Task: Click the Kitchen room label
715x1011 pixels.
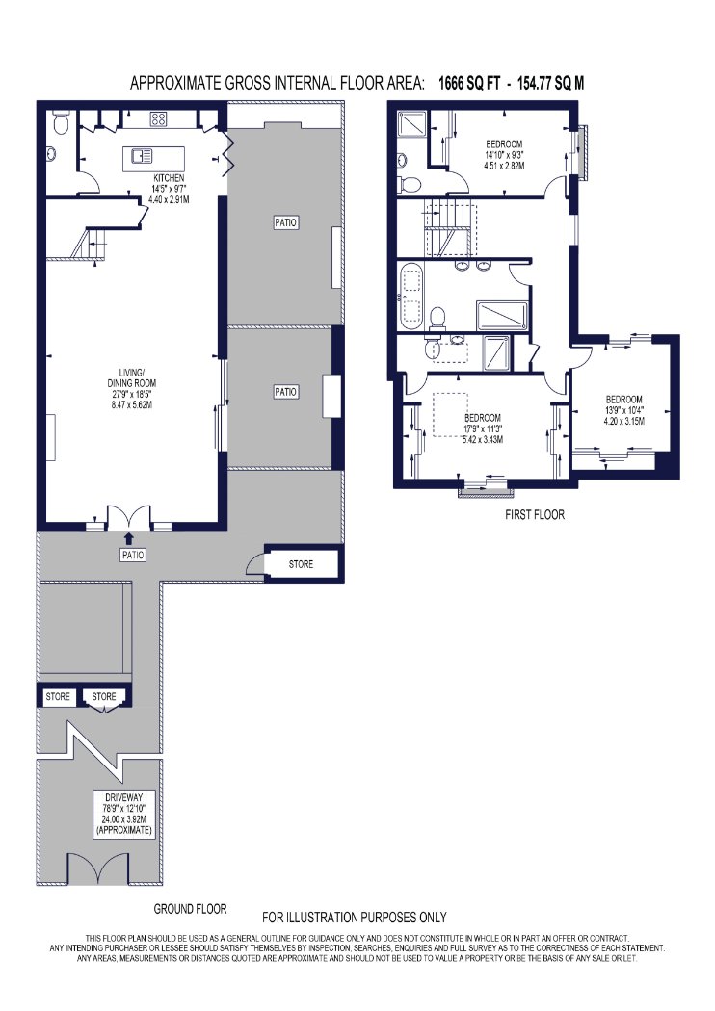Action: [169, 189]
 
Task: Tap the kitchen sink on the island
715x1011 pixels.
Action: [142, 155]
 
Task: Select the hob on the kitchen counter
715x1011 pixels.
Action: [159, 118]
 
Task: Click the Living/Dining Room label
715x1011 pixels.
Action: [132, 388]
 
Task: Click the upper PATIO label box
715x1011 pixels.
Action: [286, 222]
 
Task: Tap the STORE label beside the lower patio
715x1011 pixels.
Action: [301, 564]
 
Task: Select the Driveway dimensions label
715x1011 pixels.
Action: [123, 814]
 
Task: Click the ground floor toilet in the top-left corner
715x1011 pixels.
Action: [61, 122]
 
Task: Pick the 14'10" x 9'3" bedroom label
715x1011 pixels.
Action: [504, 155]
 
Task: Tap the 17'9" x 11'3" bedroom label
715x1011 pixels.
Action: [483, 428]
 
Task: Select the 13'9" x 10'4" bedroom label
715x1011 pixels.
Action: [624, 410]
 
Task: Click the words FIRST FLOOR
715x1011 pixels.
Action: [534, 514]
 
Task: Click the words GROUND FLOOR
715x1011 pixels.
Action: [191, 909]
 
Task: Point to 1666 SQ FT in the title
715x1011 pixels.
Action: [469, 83]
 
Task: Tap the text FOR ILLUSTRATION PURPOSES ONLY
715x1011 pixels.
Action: [355, 918]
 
